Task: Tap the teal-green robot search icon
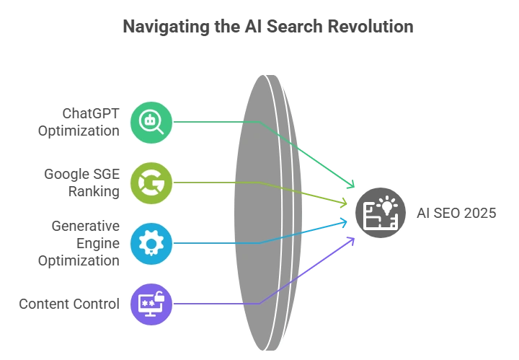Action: (151, 122)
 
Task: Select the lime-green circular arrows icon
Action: (151, 183)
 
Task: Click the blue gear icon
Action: (151, 243)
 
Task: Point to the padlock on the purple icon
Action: (160, 294)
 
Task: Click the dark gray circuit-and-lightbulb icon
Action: (380, 213)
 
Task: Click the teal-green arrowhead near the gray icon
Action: (350, 185)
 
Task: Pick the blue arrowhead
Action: (345, 224)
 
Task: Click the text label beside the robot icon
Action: (79, 122)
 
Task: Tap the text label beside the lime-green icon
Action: (81, 183)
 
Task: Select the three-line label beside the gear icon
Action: (79, 243)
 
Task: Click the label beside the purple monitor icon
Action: (68, 304)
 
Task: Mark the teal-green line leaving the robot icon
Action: (209, 123)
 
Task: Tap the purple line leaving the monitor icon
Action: (209, 304)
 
